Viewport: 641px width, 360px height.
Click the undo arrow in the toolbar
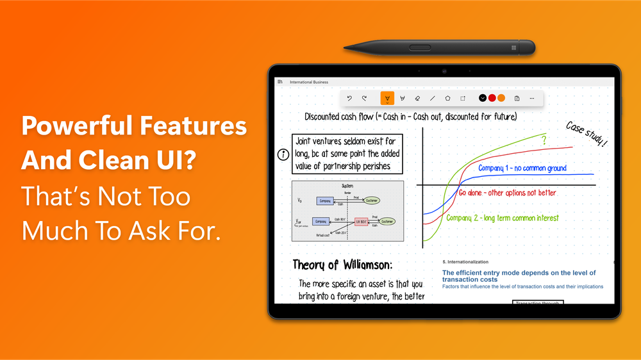[x=349, y=98]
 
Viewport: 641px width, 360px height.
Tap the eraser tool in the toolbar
[x=417, y=98]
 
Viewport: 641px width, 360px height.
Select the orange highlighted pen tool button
[x=387, y=98]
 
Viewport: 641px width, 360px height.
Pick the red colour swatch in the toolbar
[x=492, y=98]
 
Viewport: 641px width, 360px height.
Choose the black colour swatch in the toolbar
[x=483, y=98]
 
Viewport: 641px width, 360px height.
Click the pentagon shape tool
[x=447, y=98]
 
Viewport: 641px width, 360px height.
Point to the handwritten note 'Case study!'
[x=587, y=134]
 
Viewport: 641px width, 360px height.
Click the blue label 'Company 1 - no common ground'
[x=522, y=168]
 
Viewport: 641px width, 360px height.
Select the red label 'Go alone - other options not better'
[x=507, y=193]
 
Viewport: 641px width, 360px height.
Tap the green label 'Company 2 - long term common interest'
[x=503, y=218]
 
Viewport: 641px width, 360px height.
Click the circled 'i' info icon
[x=283, y=155]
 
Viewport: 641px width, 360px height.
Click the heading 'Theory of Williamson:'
[x=342, y=265]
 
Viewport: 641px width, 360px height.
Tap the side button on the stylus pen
[x=420, y=47]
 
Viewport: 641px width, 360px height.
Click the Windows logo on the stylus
[x=514, y=47]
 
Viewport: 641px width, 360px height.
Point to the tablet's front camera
[x=444, y=71]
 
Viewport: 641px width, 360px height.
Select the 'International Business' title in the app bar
[x=309, y=82]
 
